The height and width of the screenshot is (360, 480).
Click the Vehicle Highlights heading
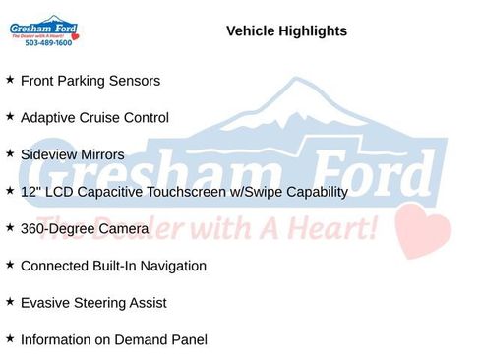pyautogui.click(x=286, y=31)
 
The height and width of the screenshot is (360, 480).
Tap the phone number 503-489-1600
pyautogui.click(x=48, y=43)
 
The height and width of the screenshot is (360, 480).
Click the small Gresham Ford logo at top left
pyautogui.click(x=44, y=28)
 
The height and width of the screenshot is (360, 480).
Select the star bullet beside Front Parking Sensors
pyautogui.click(x=10, y=80)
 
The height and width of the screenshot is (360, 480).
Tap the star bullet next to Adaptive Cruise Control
pyautogui.click(x=10, y=117)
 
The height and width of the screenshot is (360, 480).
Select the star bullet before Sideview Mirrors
pyautogui.click(x=10, y=153)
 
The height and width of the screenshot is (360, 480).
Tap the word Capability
pyautogui.click(x=313, y=192)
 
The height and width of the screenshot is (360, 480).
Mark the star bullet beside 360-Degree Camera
pyautogui.click(x=10, y=228)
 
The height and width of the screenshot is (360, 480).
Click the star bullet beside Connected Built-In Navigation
pyautogui.click(x=10, y=266)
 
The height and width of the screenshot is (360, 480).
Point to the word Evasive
pyautogui.click(x=44, y=303)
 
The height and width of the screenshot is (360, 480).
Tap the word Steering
pyautogui.click(x=100, y=303)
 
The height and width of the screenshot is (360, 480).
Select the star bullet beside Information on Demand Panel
pyautogui.click(x=10, y=339)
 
